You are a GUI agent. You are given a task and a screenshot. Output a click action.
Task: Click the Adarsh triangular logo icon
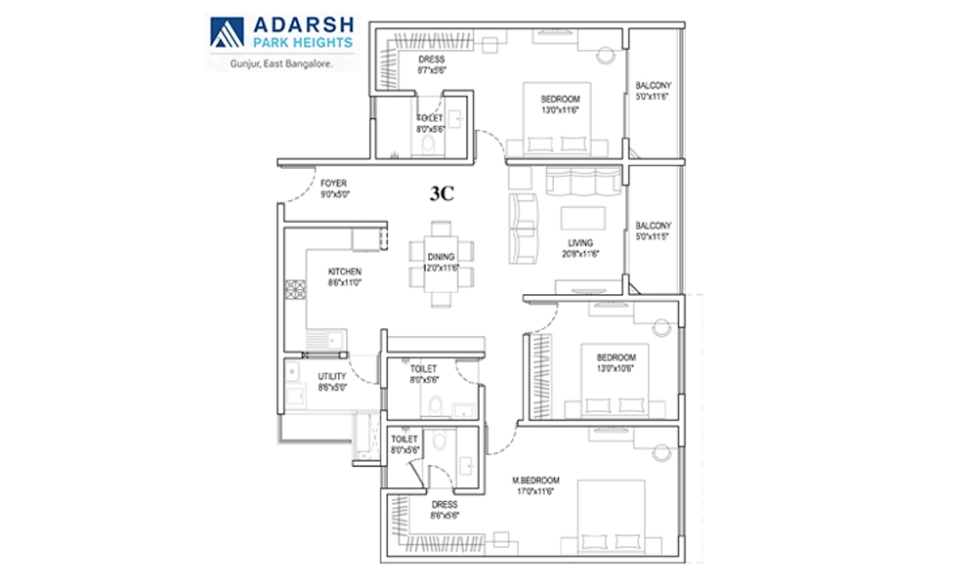coord(227,32)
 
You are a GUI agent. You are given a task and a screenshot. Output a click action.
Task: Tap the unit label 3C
coord(442,194)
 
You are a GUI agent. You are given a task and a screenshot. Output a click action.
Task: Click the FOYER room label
coord(333,183)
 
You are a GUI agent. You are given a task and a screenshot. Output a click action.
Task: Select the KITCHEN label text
coord(345,272)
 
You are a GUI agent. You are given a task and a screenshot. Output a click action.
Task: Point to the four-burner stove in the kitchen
coord(295,290)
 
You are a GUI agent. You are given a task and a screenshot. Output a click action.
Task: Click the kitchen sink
coord(325,340)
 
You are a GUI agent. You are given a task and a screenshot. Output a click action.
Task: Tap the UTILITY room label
coord(332,376)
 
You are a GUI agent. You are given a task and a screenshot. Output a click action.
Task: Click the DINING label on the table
coord(442,257)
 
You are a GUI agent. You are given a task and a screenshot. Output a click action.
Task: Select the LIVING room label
coord(580,243)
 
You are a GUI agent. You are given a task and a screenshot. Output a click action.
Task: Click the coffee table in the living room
coord(582,218)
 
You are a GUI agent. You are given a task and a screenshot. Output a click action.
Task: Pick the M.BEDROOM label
coord(535,481)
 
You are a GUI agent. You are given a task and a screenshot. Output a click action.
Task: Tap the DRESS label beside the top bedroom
coord(432,60)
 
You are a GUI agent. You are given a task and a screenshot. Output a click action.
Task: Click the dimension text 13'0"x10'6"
coord(616,368)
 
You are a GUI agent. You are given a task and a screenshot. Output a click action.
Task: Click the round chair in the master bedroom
coord(661,452)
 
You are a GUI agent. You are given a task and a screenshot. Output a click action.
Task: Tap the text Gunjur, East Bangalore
coord(281,63)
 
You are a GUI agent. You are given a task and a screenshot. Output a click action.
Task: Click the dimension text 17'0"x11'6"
coord(535,491)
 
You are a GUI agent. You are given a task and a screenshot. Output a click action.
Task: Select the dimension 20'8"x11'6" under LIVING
coord(580,254)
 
